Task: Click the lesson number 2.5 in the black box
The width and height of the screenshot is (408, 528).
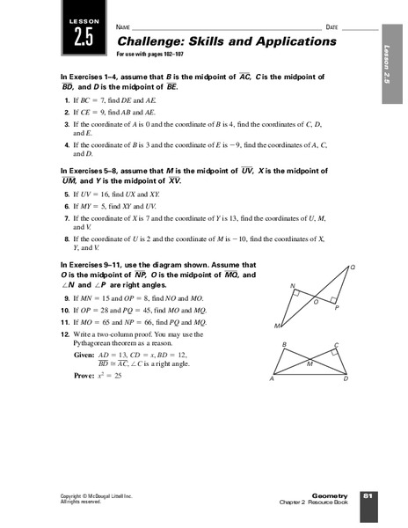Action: [83, 37]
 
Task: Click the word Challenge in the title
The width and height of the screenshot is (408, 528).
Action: [147, 41]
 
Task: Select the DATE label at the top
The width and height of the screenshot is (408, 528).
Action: [331, 28]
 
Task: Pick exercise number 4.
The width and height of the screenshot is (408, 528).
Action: [69, 141]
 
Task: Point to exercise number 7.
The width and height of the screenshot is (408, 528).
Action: [69, 216]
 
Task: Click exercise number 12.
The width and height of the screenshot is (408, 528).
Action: [66, 334]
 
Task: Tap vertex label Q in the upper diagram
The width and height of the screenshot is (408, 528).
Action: [353, 267]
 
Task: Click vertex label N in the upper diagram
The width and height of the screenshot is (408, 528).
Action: [294, 284]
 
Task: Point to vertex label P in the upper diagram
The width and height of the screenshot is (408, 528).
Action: [337, 307]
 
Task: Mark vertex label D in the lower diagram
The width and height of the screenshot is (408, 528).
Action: [345, 379]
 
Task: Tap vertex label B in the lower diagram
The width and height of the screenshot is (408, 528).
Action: [283, 344]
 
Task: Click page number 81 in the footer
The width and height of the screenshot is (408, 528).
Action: [368, 498]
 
